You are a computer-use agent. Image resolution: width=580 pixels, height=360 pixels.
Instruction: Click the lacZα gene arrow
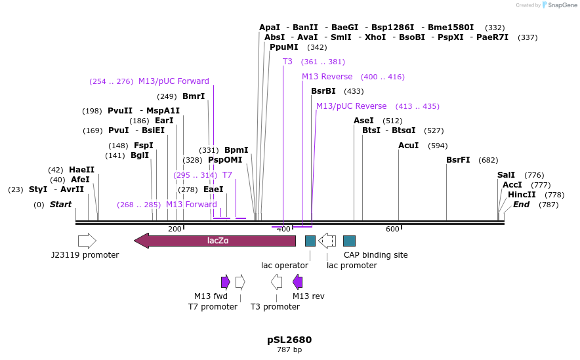[x=215, y=241]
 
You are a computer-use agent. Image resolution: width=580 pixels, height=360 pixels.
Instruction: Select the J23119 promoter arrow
[x=87, y=241]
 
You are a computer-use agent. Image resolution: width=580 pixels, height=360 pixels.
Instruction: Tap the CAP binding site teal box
[x=349, y=241]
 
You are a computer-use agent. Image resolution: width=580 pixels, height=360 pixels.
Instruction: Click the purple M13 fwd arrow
[x=226, y=282]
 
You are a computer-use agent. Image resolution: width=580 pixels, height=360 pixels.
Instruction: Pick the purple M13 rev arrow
[x=298, y=282]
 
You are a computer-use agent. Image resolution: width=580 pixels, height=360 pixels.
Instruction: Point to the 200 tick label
[x=175, y=229]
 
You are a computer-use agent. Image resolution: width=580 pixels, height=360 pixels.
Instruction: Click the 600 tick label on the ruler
[x=392, y=229]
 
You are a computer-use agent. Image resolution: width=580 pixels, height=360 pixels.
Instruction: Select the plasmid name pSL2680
[x=289, y=340]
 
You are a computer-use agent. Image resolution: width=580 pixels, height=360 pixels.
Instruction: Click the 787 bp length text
[x=289, y=350]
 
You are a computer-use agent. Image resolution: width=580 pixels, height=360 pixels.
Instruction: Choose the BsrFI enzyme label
[x=458, y=160]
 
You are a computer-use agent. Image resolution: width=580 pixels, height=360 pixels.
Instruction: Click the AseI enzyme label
[x=363, y=121]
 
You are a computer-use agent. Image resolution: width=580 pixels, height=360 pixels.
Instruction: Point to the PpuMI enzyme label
[x=283, y=47]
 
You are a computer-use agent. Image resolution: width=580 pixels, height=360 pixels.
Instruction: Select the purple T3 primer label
[x=287, y=62]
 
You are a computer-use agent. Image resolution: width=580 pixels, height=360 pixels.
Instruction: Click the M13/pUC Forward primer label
[x=173, y=81]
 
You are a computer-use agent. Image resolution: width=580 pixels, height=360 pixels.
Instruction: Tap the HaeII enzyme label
[x=81, y=170]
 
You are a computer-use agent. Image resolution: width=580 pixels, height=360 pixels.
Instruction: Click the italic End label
[x=521, y=205]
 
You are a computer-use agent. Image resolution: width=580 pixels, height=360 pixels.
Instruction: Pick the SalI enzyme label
[x=506, y=175]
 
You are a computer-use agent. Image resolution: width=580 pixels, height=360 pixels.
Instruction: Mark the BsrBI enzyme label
[x=323, y=91]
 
